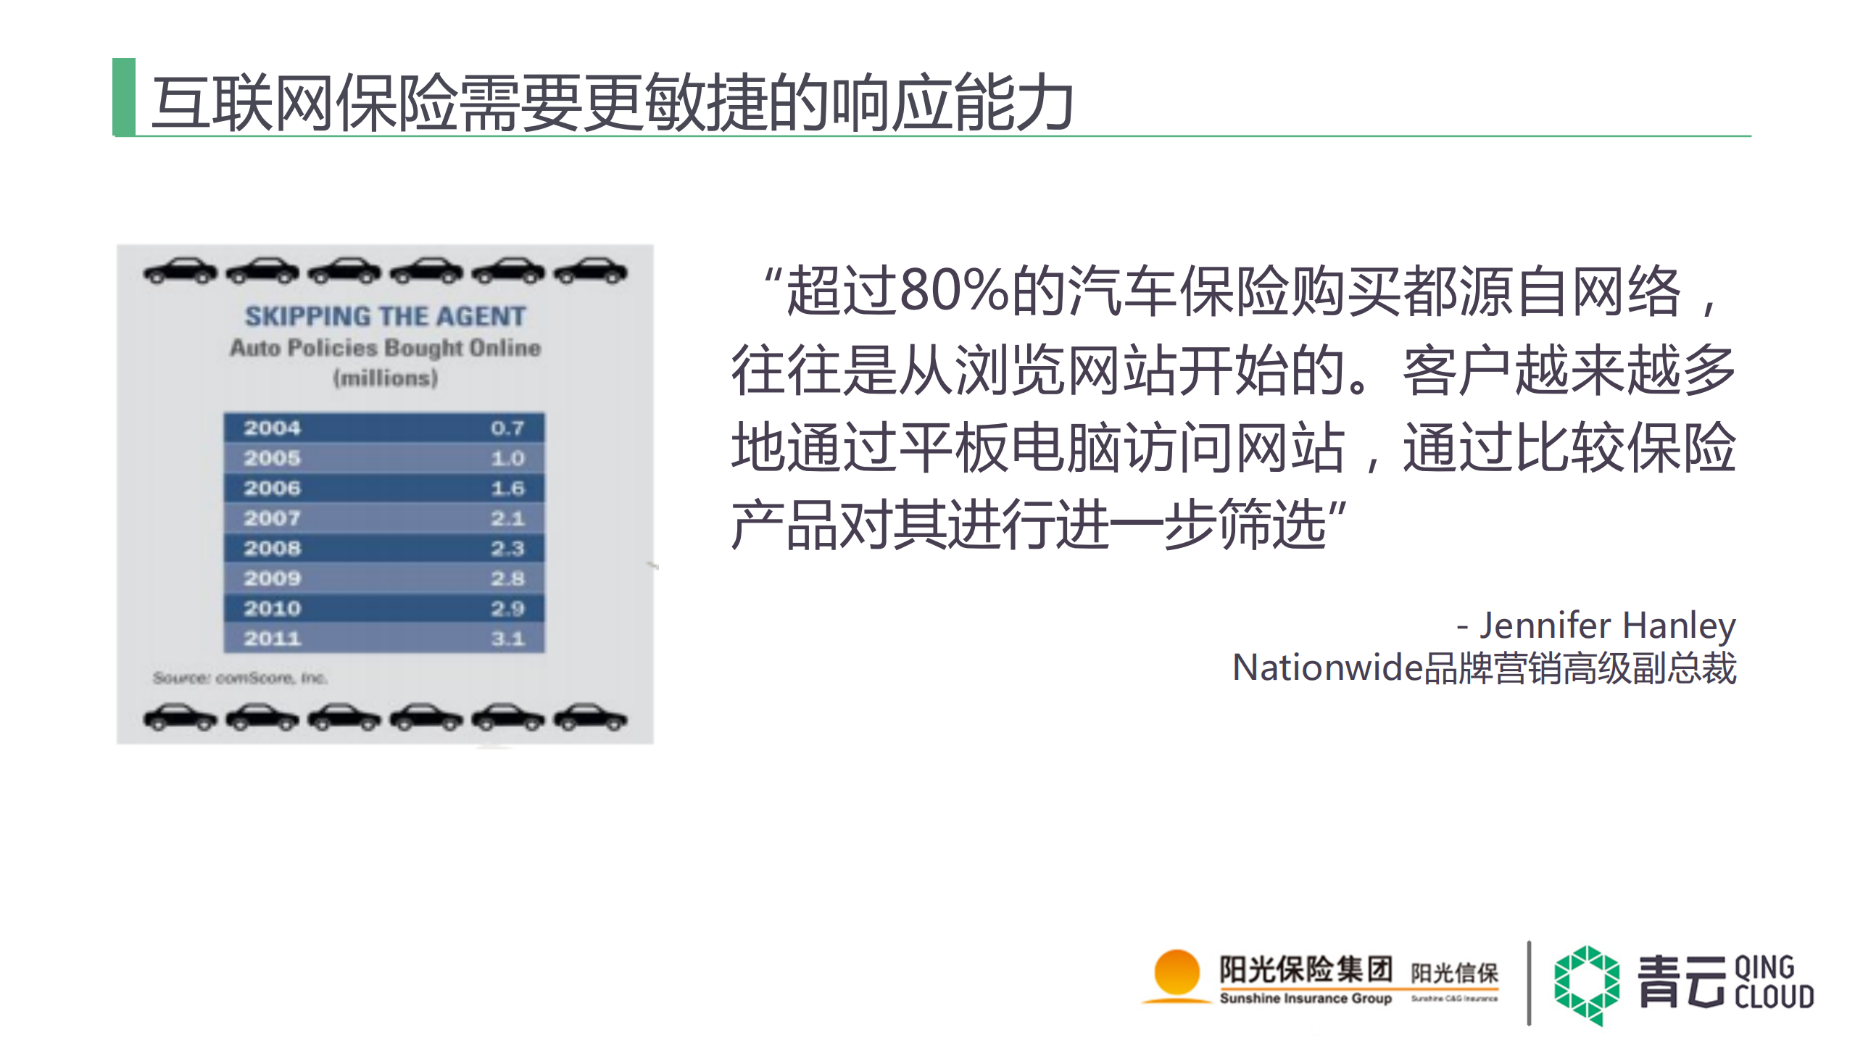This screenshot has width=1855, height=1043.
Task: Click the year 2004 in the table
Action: pyautogui.click(x=272, y=428)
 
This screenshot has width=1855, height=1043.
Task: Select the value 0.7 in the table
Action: pyautogui.click(x=507, y=428)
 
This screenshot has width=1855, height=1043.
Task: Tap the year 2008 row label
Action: pyautogui.click(x=272, y=548)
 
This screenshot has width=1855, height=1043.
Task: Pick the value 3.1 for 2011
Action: pyautogui.click(x=507, y=639)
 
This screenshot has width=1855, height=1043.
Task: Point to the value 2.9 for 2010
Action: pyautogui.click(x=507, y=608)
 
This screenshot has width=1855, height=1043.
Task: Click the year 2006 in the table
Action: pyautogui.click(x=272, y=488)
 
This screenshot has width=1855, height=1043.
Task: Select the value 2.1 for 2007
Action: pyautogui.click(x=507, y=518)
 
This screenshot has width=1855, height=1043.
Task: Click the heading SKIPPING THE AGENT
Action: pyautogui.click(x=385, y=316)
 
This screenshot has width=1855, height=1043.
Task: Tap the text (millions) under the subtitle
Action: pyautogui.click(x=385, y=378)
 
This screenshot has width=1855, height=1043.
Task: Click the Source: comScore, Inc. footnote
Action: pyautogui.click(x=240, y=678)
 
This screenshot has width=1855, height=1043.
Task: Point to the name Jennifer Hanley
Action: pyautogui.click(x=1606, y=625)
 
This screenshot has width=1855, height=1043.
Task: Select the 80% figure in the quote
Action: pyautogui.click(x=953, y=291)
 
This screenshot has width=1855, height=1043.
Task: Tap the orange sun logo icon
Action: pyautogui.click(x=1176, y=973)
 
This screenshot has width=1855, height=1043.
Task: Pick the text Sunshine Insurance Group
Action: pyautogui.click(x=1305, y=998)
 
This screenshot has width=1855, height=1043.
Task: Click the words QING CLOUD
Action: pyautogui.click(x=1773, y=982)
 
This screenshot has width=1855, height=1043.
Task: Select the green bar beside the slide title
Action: pyautogui.click(x=124, y=96)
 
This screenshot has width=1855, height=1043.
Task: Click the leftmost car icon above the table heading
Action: pyautogui.click(x=180, y=272)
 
